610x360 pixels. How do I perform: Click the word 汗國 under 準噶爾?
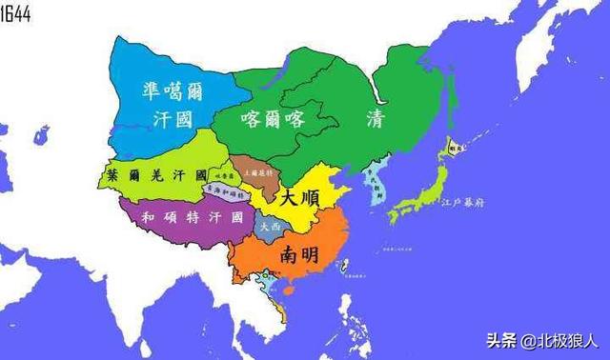coord(173,118)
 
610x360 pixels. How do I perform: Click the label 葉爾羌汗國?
coord(158,175)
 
